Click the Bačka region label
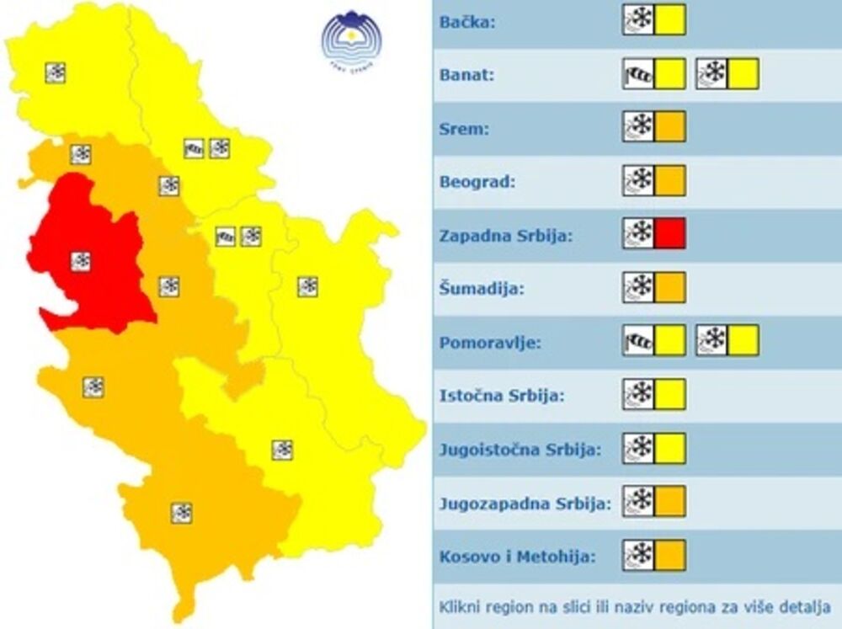pyautogui.click(x=467, y=21)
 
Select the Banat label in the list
pyautogui.click(x=466, y=75)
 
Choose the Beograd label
pyautogui.click(x=477, y=181)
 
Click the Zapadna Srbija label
pyautogui.click(x=506, y=235)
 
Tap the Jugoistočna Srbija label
pyautogui.click(x=520, y=450)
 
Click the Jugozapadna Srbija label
pyautogui.click(x=525, y=504)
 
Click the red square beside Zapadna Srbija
pyautogui.click(x=670, y=234)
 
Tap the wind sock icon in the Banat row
pyautogui.click(x=638, y=74)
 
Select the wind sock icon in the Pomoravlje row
pyautogui.click(x=638, y=341)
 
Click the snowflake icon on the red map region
pyautogui.click(x=80, y=261)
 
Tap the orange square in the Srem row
pyautogui.click(x=670, y=127)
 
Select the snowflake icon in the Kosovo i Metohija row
pyautogui.click(x=638, y=556)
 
